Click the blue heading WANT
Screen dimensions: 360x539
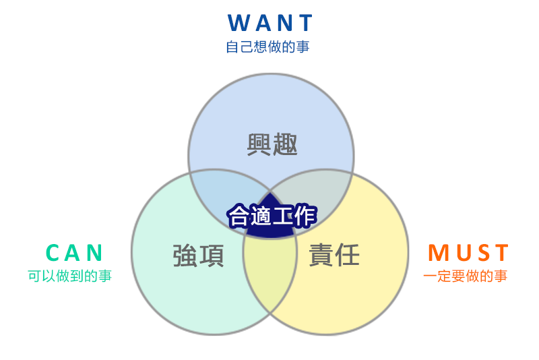[270, 23]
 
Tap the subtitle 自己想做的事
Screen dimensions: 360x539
[268, 47]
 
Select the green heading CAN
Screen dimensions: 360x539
[75, 252]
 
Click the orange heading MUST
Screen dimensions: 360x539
[468, 252]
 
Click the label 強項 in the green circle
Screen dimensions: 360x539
[198, 256]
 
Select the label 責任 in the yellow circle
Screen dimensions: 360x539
[334, 256]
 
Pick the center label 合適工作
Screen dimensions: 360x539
[271, 216]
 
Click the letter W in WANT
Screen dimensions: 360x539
[240, 23]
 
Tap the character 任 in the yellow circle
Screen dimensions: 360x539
[348, 256]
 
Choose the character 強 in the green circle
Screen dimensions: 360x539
[185, 256]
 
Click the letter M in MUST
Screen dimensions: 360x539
[438, 252]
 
